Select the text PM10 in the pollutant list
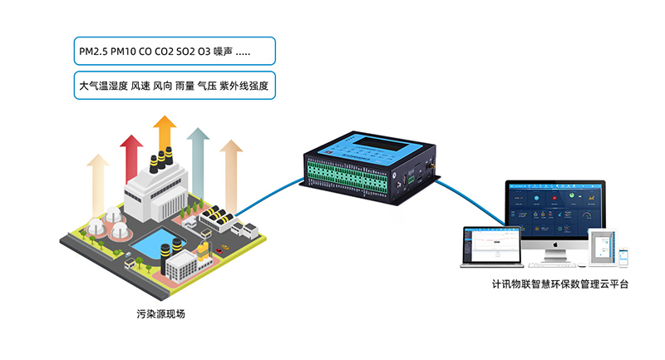click(125, 53)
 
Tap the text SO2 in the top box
click(185, 53)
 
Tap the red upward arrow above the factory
click(129, 158)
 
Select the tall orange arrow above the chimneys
click(165, 133)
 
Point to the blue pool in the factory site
click(150, 244)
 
